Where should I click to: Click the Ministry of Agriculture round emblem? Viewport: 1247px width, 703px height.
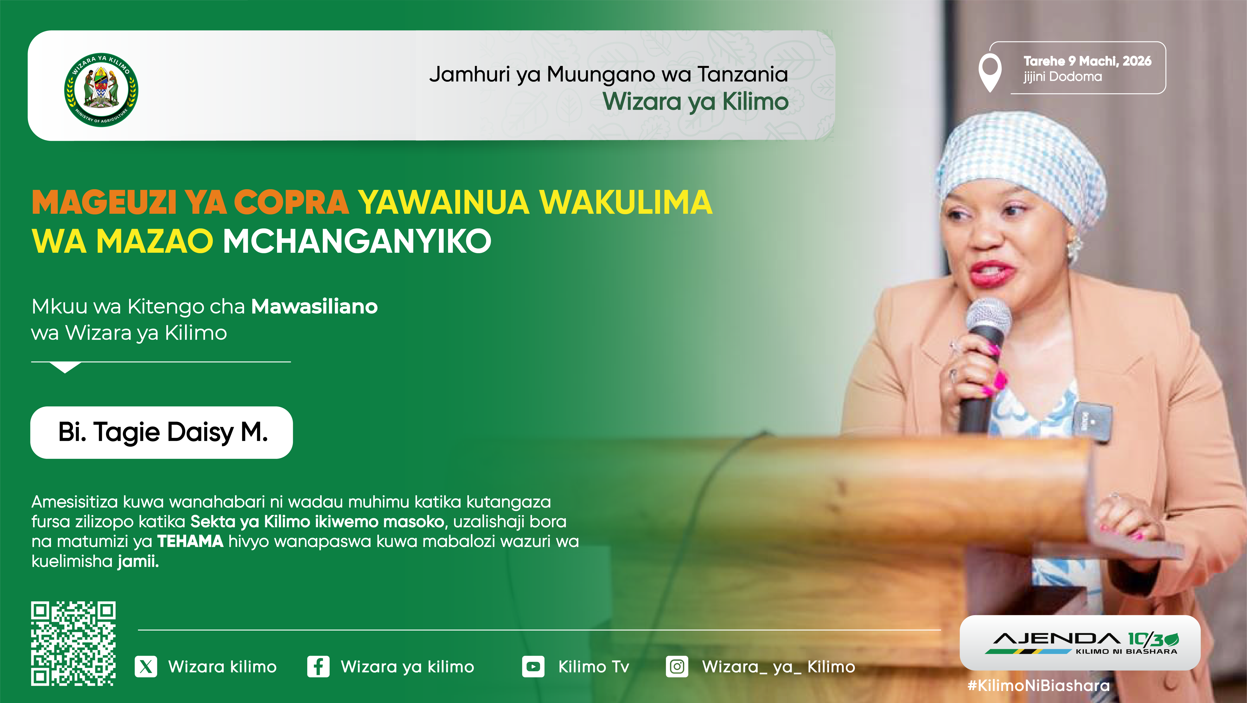pos(101,90)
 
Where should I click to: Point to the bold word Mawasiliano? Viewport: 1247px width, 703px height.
pos(315,306)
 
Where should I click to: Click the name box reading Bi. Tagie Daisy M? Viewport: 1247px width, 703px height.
pos(162,432)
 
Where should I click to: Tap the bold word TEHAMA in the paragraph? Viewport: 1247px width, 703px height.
pos(190,541)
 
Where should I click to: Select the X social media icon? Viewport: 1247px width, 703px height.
pos(146,667)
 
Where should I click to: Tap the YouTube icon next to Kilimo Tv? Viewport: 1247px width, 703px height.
pos(533,667)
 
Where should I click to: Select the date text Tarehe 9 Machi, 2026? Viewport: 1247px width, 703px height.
pos(1087,61)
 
